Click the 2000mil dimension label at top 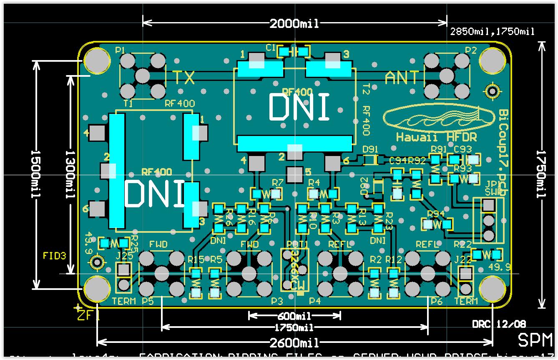coord(294,24)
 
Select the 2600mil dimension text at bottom coord(294,343)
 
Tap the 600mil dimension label coord(295,316)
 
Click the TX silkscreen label coord(183,78)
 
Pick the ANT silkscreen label coord(402,78)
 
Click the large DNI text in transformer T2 coord(299,107)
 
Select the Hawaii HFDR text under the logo coord(436,137)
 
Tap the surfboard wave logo coord(432,118)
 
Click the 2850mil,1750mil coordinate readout coord(493,32)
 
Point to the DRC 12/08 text coord(499,324)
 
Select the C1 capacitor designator coord(271,48)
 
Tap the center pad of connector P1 coord(143,76)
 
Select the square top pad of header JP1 coord(488,205)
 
